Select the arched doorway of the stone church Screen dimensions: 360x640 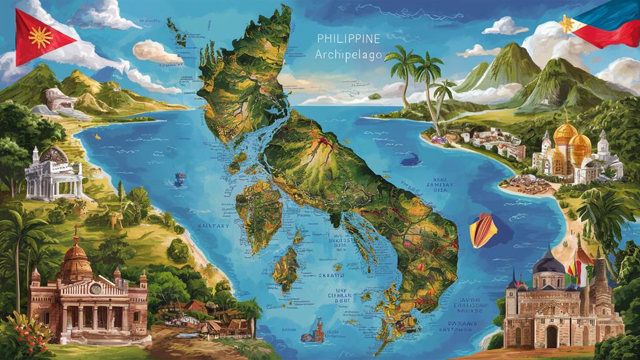coord(552,336)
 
